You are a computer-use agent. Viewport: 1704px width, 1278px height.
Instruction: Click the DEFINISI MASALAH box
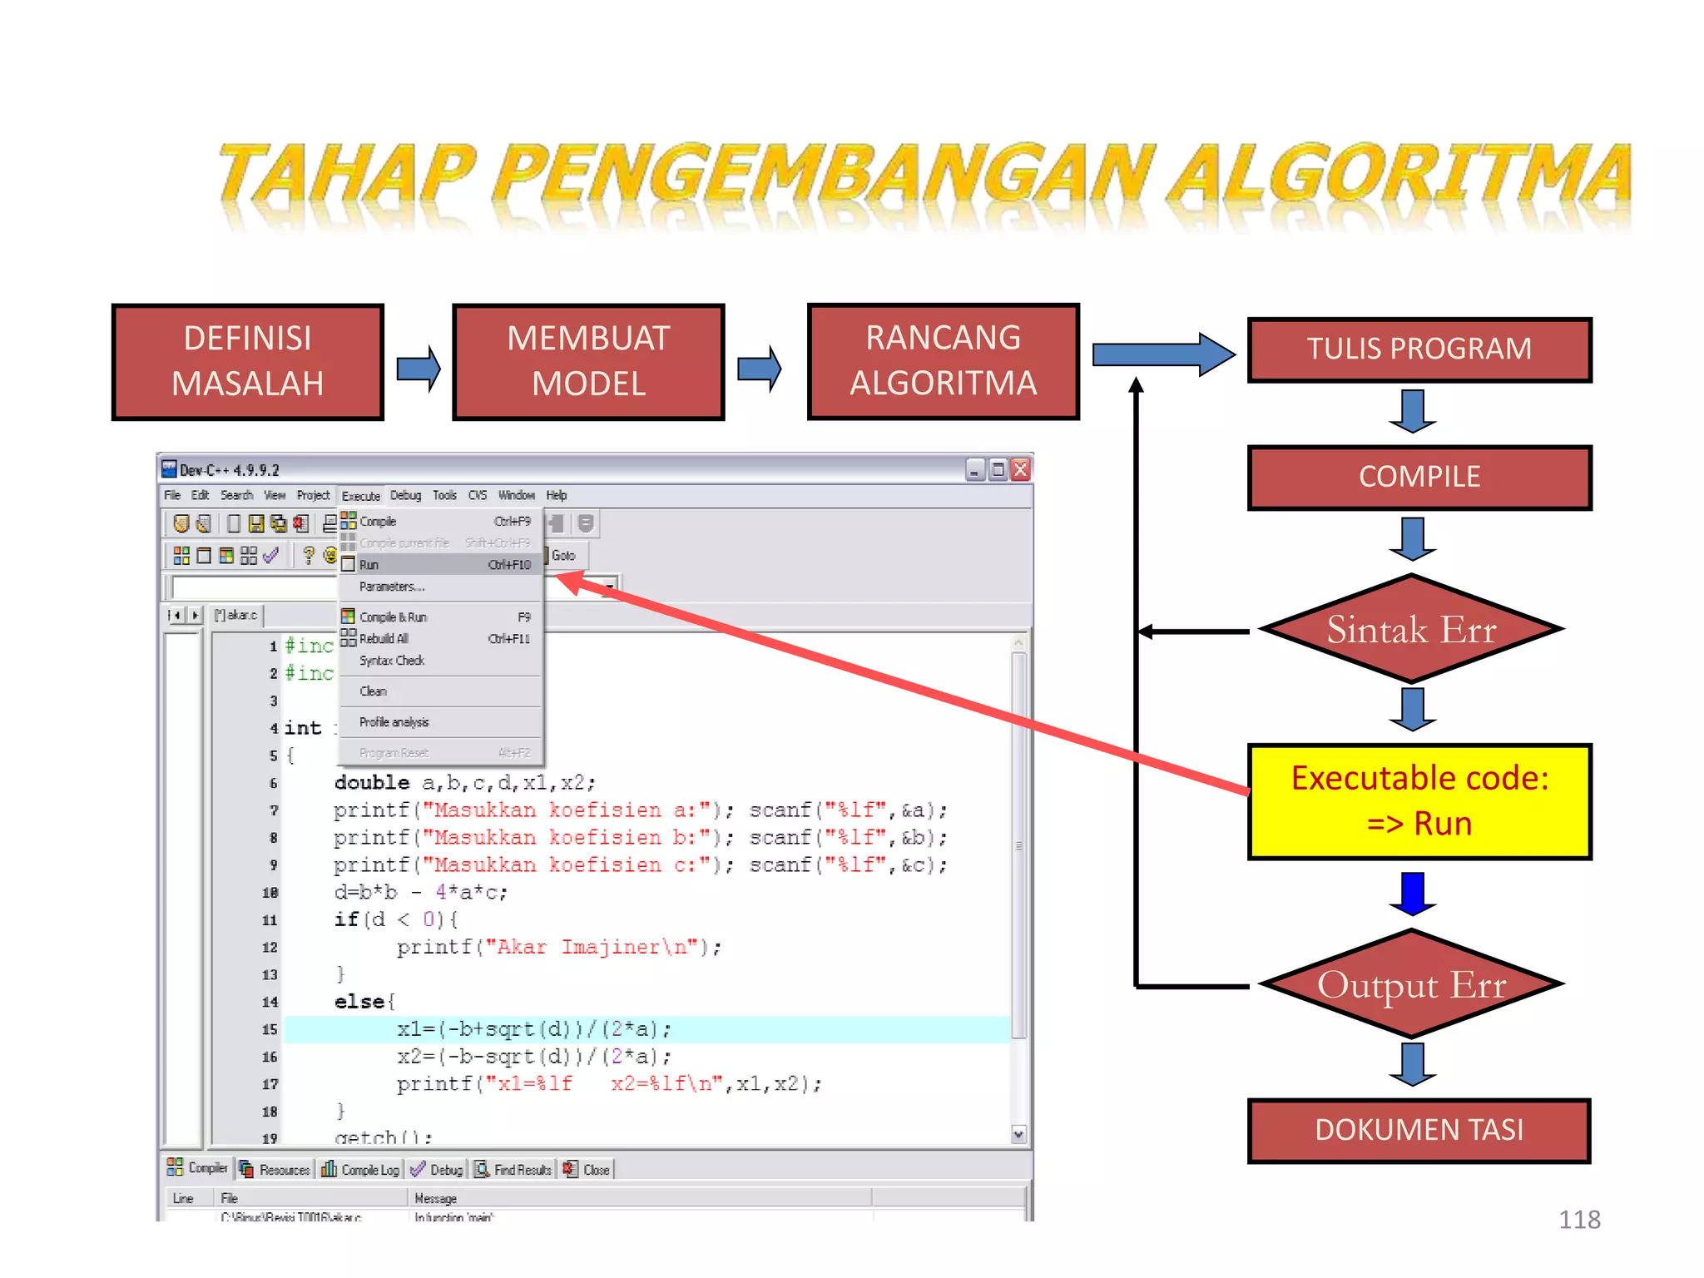[x=247, y=361]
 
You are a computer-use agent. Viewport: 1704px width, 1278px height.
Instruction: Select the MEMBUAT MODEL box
[x=588, y=361]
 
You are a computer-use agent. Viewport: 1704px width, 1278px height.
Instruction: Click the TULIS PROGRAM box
[x=1419, y=349]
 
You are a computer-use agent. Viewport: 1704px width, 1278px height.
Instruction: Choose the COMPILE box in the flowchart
[x=1419, y=477]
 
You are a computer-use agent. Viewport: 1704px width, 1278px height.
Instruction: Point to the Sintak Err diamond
[x=1411, y=629]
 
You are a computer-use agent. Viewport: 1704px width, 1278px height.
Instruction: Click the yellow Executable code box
[x=1419, y=800]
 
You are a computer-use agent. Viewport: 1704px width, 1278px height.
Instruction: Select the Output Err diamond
[x=1411, y=984]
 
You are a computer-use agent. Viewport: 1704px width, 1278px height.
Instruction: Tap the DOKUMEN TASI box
[x=1419, y=1130]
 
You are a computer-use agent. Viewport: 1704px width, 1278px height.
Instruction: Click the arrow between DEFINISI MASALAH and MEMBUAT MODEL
[x=418, y=368]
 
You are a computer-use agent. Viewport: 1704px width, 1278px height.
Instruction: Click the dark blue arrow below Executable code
[x=1413, y=894]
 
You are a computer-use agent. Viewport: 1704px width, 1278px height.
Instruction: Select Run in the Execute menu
[x=369, y=565]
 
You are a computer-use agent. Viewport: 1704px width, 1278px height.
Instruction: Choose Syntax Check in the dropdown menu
[x=392, y=661]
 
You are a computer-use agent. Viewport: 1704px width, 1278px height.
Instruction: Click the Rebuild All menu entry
[x=384, y=639]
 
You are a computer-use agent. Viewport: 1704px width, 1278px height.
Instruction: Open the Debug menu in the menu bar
[x=405, y=495]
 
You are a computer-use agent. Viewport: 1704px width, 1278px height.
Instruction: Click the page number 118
[x=1578, y=1220]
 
